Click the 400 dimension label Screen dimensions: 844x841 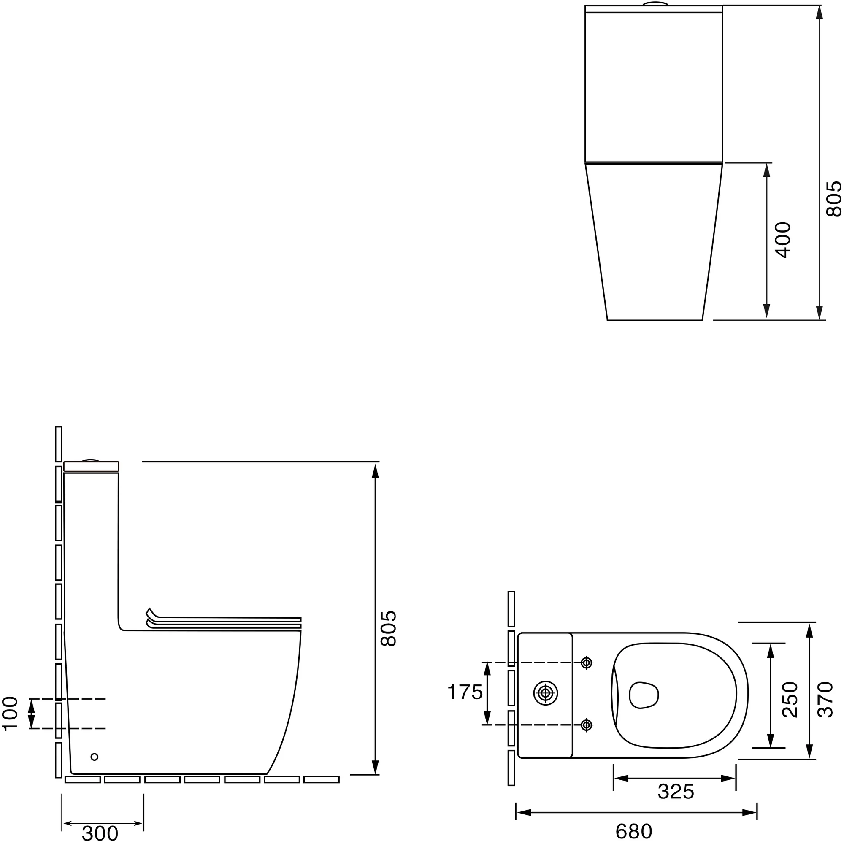pyautogui.click(x=784, y=240)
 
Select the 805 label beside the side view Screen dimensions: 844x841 pyautogui.click(x=388, y=629)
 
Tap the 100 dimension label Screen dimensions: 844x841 pyautogui.click(x=10, y=714)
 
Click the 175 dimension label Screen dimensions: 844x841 pyautogui.click(x=465, y=692)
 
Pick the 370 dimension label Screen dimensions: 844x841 pyautogui.click(x=825, y=700)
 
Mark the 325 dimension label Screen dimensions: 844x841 pyautogui.click(x=676, y=791)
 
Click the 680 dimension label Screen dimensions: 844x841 pyautogui.click(x=633, y=831)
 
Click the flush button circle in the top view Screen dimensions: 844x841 pyautogui.click(x=546, y=693)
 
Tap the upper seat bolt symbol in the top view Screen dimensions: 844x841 pyautogui.click(x=587, y=663)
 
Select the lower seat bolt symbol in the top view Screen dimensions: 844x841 pyautogui.click(x=587, y=725)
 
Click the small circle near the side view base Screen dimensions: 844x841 pyautogui.click(x=95, y=757)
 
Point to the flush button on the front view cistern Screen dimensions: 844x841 pyautogui.click(x=656, y=4)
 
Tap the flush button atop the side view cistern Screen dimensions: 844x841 pyautogui.click(x=91, y=460)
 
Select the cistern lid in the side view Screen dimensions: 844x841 pyautogui.click(x=91, y=467)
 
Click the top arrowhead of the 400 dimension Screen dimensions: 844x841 pyautogui.click(x=766, y=170)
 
